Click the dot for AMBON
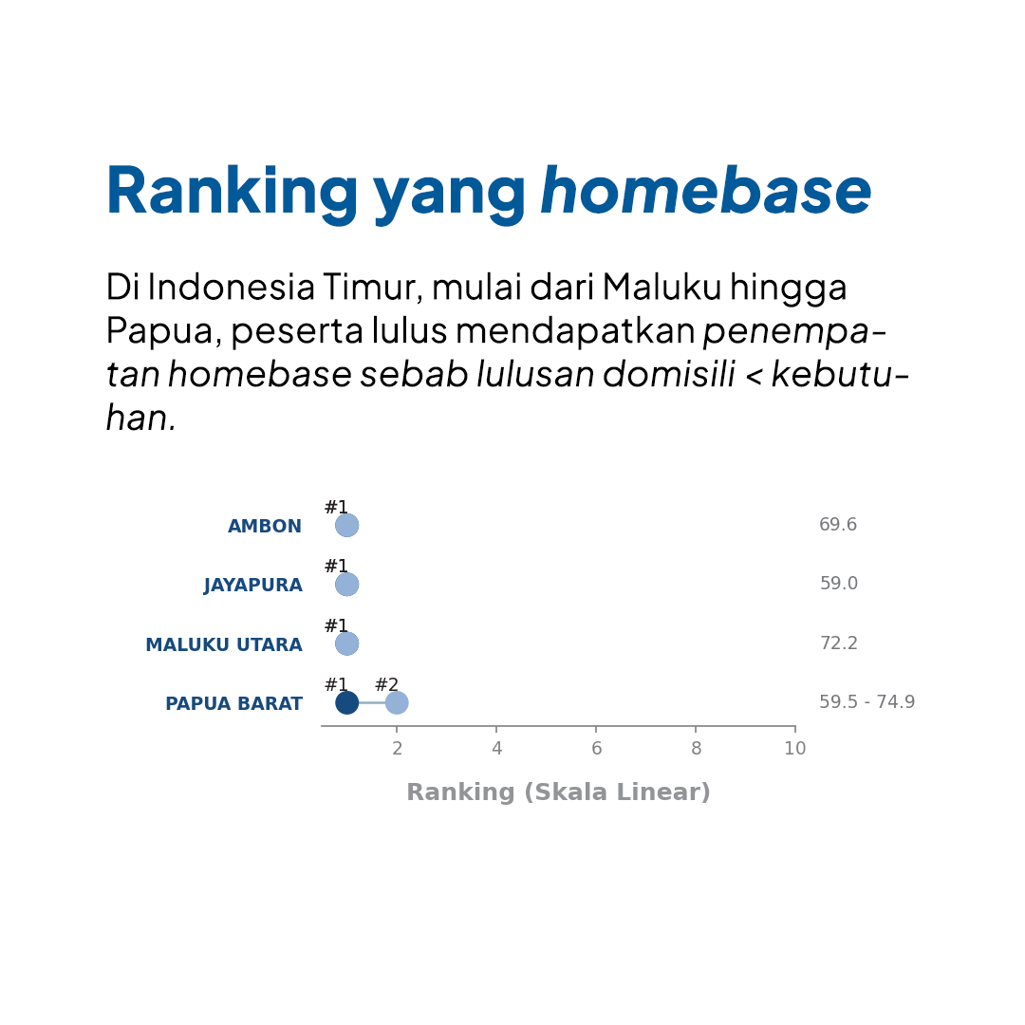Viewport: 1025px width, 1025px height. [346, 525]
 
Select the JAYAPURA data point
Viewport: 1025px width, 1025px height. [346, 585]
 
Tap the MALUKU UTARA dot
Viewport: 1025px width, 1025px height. [346, 643]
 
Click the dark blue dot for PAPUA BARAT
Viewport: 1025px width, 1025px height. [346, 702]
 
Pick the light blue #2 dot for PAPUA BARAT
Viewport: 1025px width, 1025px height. [397, 702]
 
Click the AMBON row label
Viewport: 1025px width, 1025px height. [265, 526]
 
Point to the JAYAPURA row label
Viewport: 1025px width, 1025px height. [253, 585]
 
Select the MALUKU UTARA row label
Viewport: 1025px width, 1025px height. [224, 644]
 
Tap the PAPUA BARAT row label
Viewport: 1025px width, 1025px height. [234, 703]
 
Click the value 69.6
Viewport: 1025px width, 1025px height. [838, 524]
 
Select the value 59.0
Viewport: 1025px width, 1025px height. [839, 583]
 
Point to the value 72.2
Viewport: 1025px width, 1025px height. [839, 643]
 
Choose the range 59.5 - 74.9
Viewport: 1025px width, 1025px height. [867, 702]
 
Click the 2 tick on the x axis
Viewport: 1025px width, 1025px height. [397, 749]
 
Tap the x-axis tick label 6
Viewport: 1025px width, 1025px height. [596, 749]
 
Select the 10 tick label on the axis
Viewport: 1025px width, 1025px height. [795, 749]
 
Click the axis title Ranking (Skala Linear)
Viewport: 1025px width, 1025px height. [558, 792]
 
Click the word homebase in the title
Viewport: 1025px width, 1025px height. [706, 190]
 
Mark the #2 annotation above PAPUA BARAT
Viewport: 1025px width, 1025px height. [386, 684]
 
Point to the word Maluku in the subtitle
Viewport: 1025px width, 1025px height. [661, 287]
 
